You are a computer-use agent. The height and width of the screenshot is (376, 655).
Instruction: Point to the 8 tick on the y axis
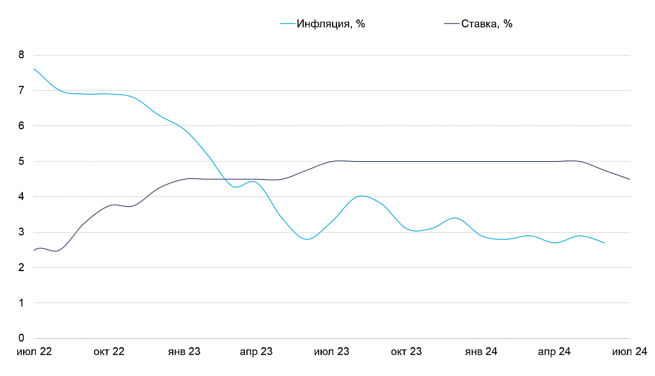20,55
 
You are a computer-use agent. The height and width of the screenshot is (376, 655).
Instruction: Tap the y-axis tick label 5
20,161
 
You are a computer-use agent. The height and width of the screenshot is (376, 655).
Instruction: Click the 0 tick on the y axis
20,338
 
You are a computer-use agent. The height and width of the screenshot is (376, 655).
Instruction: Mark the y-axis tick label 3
20,232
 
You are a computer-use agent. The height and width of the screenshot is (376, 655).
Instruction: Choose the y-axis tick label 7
20,91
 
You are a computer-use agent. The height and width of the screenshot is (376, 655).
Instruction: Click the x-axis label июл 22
34,352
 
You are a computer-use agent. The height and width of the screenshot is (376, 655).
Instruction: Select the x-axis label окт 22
109,352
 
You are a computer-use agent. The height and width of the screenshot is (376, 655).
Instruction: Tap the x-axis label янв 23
184,352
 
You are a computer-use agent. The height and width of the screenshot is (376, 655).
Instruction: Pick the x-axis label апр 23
256,352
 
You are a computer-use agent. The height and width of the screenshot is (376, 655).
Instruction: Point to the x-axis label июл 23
332,352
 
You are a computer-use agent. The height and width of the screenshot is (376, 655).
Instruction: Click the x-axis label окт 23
406,352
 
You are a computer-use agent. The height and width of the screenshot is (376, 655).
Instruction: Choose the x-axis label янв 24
481,352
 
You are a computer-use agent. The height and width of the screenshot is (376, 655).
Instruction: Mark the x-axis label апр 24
554,352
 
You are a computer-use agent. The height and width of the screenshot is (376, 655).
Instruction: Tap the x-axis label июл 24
630,352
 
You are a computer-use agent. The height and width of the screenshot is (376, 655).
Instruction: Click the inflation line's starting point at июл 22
34,68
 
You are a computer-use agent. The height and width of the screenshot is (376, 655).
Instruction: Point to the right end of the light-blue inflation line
604,243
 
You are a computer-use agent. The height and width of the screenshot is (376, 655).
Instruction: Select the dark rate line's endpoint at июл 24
630,179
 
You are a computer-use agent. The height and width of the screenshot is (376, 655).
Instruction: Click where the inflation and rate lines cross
225,179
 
